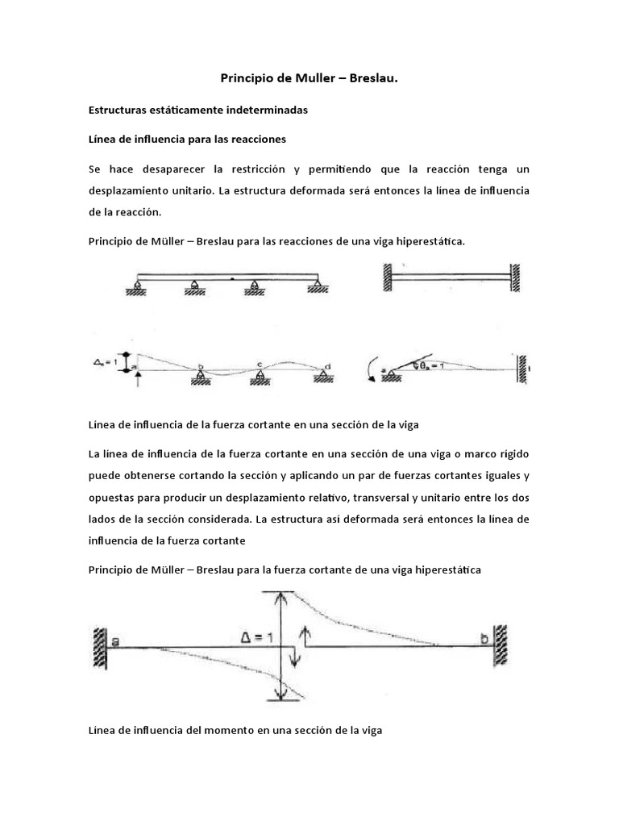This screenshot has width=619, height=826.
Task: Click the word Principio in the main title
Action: [246, 78]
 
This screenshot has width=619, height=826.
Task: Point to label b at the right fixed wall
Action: [484, 639]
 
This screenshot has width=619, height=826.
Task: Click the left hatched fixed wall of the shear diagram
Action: [98, 645]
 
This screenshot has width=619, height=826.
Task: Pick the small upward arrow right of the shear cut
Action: [304, 632]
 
